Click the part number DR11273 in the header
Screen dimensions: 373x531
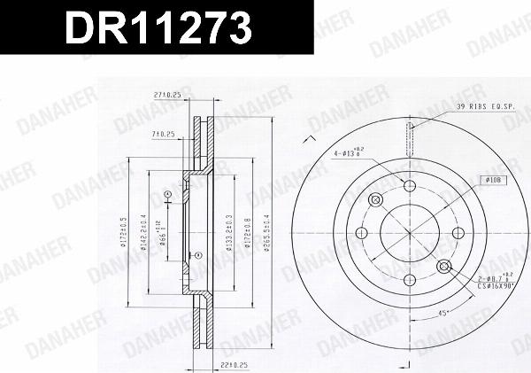(x=154, y=29)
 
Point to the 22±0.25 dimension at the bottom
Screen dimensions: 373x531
(x=211, y=364)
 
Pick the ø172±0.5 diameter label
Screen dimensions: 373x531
(x=122, y=233)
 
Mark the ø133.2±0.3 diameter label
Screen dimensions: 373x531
(x=229, y=233)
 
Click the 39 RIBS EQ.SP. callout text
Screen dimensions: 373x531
(x=486, y=107)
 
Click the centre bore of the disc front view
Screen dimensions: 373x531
(x=410, y=233)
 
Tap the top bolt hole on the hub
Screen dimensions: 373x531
(x=410, y=185)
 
